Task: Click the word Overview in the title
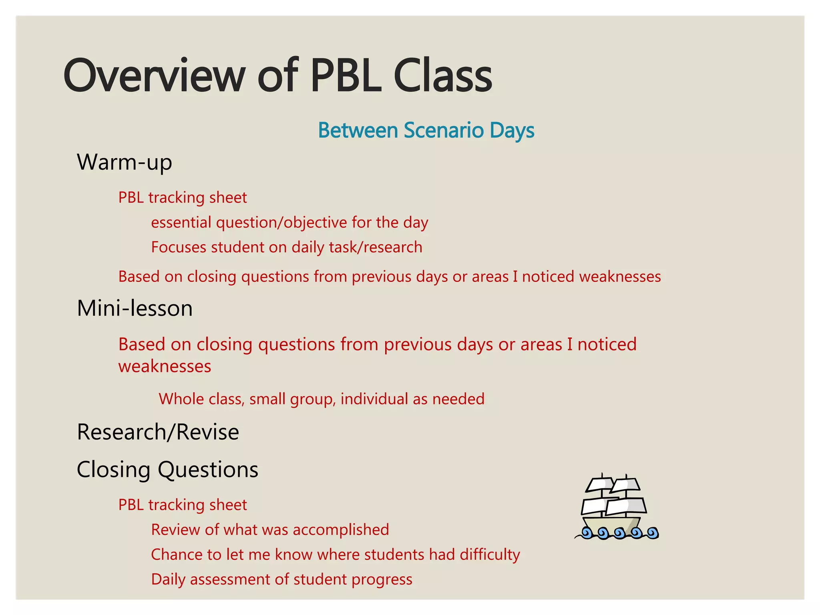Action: coord(154,76)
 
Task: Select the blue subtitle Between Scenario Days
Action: coord(426,131)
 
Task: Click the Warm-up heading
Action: coord(125,162)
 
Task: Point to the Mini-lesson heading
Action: coord(135,309)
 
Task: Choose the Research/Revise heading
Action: coord(158,432)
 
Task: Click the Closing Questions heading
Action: coord(167,470)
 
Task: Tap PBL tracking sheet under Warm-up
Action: coord(183,198)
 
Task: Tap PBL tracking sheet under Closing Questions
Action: coord(183,505)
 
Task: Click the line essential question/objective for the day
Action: coord(289,223)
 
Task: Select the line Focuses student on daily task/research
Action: coord(287,247)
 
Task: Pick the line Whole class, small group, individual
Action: coord(322,399)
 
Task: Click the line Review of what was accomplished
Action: coord(270,530)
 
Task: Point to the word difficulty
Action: coord(490,555)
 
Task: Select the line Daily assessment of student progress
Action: coord(281,580)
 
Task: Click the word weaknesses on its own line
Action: coord(165,367)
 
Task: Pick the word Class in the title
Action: coord(443,76)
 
